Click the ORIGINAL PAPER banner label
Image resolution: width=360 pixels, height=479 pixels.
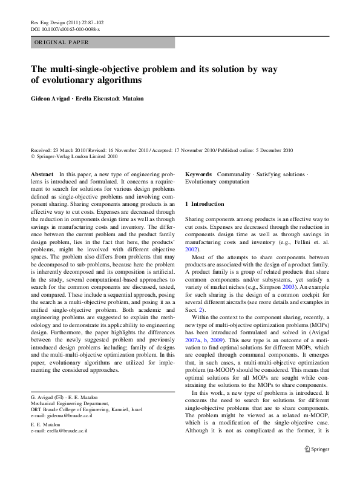coord(62,42)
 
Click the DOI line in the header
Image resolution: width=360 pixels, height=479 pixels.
coord(65,28)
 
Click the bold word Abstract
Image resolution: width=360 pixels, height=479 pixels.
coord(42,174)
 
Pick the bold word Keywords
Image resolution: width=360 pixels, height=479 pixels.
coord(198,174)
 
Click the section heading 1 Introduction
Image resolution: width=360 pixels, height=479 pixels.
coord(205,204)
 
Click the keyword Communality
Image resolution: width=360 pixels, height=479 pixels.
coord(233,174)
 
